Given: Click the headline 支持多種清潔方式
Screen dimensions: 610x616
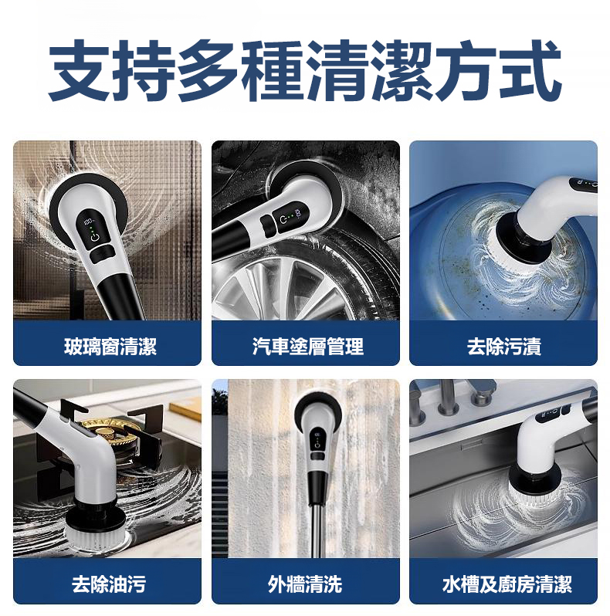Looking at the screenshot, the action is click(x=304, y=71).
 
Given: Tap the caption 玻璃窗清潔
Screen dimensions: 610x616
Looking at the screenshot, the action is click(x=110, y=347).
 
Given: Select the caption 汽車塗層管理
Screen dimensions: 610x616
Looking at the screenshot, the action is click(x=308, y=347).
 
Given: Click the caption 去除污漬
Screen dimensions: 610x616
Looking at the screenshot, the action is click(x=504, y=347).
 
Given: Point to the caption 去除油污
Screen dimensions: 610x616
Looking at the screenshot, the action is click(x=109, y=584).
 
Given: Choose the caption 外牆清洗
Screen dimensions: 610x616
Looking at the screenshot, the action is click(x=305, y=584).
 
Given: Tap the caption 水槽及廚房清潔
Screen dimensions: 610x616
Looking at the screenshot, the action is click(x=507, y=584).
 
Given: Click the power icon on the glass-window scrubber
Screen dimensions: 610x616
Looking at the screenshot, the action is click(x=94, y=237).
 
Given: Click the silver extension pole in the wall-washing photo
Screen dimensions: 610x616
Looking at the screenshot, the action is click(x=315, y=530).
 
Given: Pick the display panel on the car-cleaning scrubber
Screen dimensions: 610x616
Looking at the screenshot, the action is click(x=289, y=217).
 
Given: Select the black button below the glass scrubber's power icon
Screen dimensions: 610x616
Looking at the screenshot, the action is click(x=100, y=255).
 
